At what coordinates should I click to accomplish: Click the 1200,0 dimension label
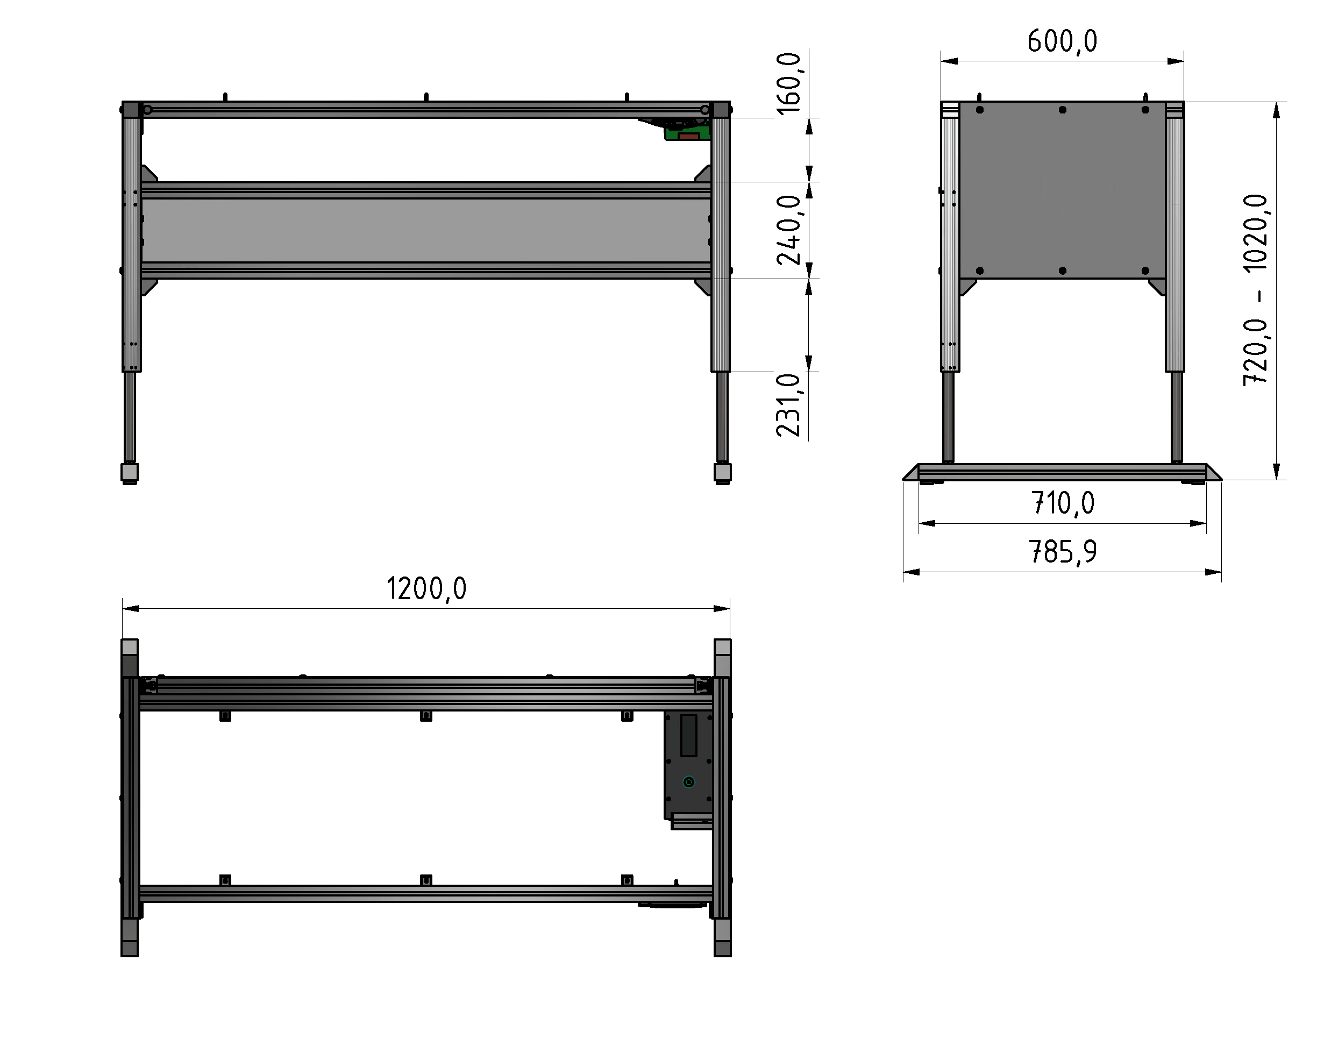[426, 588]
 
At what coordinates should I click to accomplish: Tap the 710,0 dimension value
[1063, 503]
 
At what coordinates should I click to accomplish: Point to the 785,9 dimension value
[1063, 551]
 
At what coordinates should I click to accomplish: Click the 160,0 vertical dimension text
[789, 83]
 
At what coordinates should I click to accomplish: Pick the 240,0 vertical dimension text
[789, 230]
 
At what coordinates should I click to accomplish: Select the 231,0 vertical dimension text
[789, 405]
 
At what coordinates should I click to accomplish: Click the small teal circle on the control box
[689, 781]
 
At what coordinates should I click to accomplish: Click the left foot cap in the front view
[130, 472]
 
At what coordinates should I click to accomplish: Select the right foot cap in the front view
[722, 472]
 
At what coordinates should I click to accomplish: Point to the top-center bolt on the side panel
[1063, 110]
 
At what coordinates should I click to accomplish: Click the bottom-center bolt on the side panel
[1063, 270]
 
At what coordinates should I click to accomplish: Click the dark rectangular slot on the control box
[688, 735]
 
